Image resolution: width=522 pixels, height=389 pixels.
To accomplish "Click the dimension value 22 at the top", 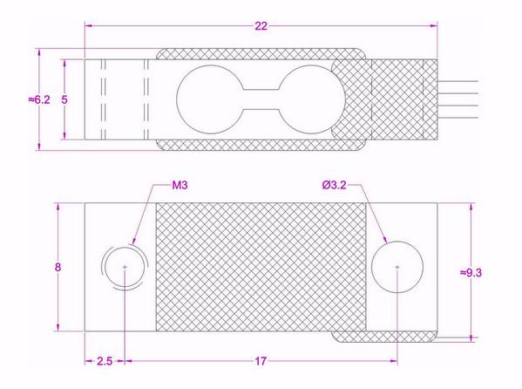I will pos(261,27).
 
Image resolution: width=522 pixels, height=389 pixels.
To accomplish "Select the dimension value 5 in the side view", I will pos(64,100).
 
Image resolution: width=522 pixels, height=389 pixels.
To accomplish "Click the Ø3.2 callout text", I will pos(335,185).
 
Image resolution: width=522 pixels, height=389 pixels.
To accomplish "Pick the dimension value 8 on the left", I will pos(58,268).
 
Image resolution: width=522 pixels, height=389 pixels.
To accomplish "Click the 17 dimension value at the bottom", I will pos(261,360).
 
